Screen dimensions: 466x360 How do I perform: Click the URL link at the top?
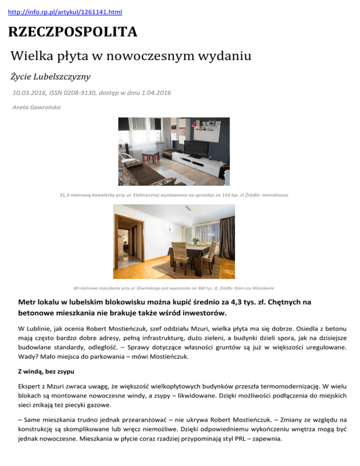click(x=62, y=11)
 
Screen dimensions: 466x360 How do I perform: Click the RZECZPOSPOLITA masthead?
click(x=72, y=32)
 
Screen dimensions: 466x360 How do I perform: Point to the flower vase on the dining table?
click(x=196, y=241)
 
